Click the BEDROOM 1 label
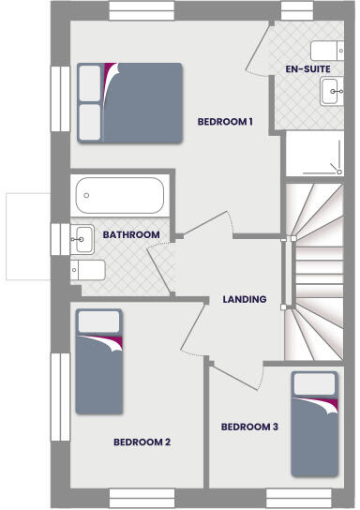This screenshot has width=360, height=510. click(225, 122)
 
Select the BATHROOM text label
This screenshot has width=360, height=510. click(131, 234)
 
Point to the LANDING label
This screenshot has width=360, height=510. click(244, 300)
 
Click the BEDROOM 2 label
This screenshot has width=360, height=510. click(142, 442)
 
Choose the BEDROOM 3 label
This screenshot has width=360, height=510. click(249, 427)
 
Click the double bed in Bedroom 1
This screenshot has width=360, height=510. click(129, 102)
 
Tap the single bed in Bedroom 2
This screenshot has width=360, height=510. click(97, 362)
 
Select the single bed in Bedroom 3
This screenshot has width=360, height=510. click(314, 423)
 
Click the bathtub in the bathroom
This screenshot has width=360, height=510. click(119, 197)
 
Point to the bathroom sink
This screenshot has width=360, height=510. click(82, 238)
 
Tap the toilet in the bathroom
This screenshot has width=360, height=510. click(89, 271)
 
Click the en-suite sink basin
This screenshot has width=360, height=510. click(332, 91)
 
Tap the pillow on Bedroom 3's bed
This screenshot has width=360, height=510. click(314, 385)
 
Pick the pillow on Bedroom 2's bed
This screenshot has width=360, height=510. click(97, 322)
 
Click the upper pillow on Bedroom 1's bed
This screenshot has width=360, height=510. click(90, 82)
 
